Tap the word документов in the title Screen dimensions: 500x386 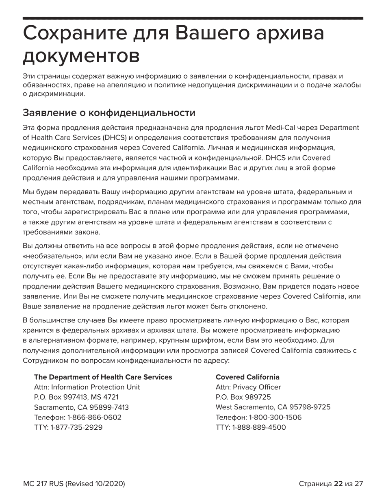[81, 56]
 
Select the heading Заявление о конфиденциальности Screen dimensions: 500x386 [109, 112]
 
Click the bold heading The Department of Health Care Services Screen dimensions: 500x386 [103, 377]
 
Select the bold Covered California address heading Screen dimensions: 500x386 [247, 377]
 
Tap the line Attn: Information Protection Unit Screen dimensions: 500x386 [87, 387]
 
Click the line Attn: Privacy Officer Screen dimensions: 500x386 [248, 387]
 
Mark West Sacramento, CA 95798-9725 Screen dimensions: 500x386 [273, 407]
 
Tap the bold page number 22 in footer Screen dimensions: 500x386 [338, 484]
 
